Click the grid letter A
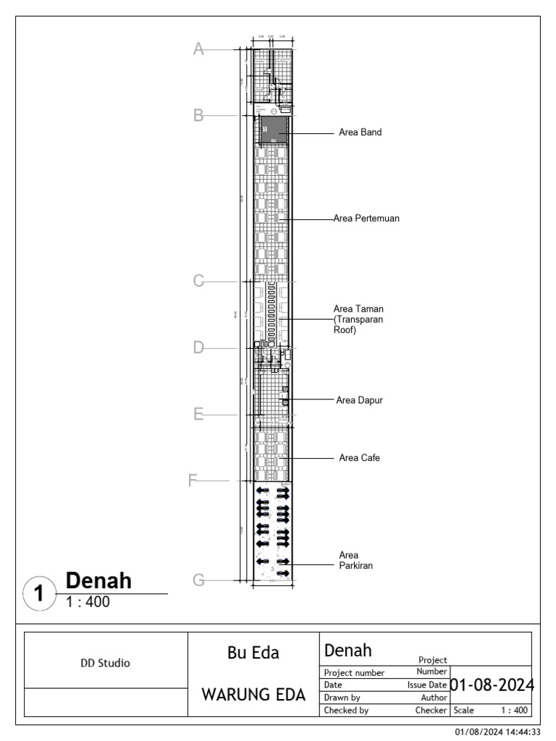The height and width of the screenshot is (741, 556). [198, 49]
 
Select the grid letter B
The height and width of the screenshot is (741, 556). [198, 115]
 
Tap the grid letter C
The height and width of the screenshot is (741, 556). [198, 281]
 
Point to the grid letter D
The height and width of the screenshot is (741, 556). [198, 348]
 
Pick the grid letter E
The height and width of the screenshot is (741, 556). [198, 415]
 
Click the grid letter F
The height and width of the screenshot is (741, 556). [193, 480]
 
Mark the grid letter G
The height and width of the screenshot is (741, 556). [198, 580]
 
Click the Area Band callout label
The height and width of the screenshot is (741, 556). [360, 133]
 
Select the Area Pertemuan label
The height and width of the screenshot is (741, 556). [367, 218]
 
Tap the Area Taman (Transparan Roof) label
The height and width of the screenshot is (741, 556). [358, 319]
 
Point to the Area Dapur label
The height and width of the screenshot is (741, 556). [360, 399]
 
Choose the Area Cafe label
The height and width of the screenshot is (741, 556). [359, 458]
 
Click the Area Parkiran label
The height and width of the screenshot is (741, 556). [355, 560]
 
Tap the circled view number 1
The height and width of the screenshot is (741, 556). [40, 594]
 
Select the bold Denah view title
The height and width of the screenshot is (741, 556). [98, 580]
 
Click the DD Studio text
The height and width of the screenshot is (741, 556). [105, 662]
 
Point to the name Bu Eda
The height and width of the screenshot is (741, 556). [253, 653]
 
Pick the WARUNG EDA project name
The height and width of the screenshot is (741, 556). [253, 695]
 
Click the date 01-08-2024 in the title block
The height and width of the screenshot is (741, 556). [492, 685]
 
